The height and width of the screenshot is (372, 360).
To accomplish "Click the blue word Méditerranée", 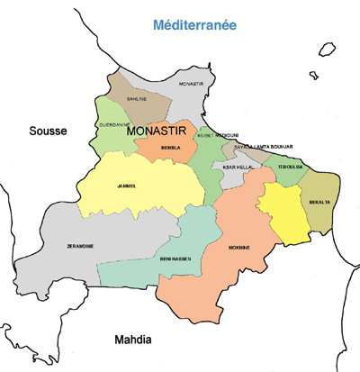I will [194, 25].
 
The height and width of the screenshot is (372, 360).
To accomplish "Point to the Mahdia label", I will [135, 340].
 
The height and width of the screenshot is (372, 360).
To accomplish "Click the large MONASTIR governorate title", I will [162, 133].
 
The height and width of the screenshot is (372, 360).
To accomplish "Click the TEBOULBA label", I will [290, 167].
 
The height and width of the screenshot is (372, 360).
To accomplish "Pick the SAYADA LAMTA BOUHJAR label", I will [263, 147].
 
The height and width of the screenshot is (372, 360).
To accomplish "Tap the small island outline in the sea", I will [315, 76].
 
